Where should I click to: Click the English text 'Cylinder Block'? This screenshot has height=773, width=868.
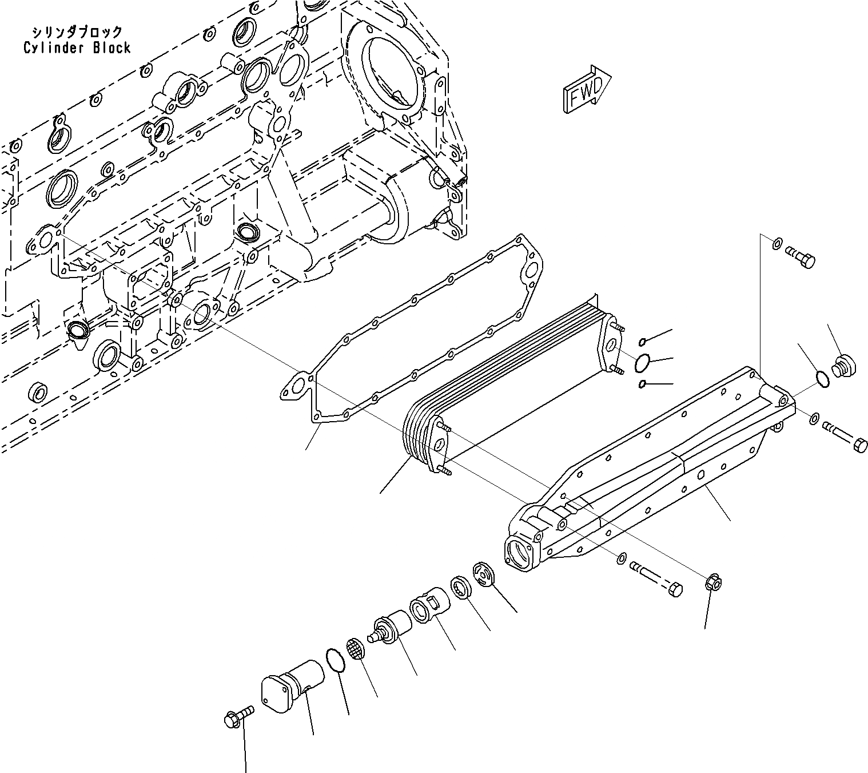point(77,48)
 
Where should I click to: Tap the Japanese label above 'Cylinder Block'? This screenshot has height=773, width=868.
point(77,31)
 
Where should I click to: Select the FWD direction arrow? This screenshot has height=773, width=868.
point(587,89)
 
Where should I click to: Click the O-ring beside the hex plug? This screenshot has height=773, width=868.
point(821,379)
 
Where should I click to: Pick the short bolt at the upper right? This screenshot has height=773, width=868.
point(800,256)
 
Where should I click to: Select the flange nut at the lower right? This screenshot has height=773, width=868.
point(715,583)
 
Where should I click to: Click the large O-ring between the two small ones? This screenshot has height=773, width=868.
point(643,362)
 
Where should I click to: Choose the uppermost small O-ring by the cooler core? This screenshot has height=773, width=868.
point(643,342)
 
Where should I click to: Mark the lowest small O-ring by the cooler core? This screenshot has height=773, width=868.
point(643,383)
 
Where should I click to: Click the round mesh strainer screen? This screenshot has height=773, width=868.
point(356,649)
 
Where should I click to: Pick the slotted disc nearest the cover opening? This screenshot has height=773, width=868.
point(484,574)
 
